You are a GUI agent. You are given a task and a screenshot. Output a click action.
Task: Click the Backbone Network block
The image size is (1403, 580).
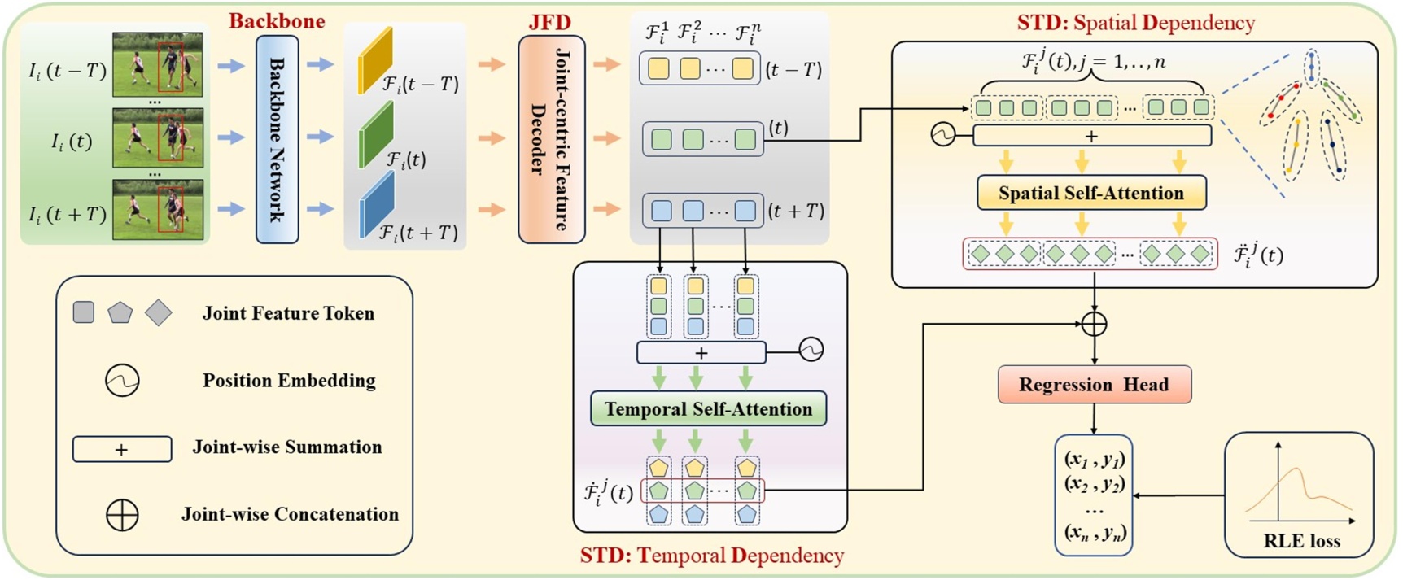pyautogui.click(x=277, y=139)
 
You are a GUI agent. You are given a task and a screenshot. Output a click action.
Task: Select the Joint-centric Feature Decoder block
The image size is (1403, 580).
pyautogui.click(x=551, y=139)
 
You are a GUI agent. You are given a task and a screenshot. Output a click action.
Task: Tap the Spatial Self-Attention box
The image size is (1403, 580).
pyautogui.click(x=1090, y=194)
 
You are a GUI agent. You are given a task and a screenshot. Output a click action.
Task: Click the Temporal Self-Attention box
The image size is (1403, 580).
pyautogui.click(x=708, y=409)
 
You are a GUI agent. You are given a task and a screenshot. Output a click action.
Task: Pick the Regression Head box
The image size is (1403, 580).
pyautogui.click(x=1094, y=385)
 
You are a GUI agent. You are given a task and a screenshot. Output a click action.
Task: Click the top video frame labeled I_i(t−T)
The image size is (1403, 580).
pyautogui.click(x=157, y=64)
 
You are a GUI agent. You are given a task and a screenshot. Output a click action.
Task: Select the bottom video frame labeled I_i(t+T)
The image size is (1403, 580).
pyautogui.click(x=157, y=210)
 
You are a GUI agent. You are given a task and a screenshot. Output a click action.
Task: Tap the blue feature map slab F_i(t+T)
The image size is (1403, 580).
pyautogui.click(x=376, y=206)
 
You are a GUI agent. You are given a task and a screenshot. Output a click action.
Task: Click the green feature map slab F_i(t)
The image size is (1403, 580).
pyautogui.click(x=376, y=134)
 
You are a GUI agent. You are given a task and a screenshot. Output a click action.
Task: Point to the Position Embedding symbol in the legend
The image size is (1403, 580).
pyautogui.click(x=122, y=380)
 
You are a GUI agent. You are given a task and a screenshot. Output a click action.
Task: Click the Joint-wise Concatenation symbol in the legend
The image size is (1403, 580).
pyautogui.click(x=122, y=514)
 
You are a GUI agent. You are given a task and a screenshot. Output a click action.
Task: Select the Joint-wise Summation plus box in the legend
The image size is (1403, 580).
pyautogui.click(x=122, y=449)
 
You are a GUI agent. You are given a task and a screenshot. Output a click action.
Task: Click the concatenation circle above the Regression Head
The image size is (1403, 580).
pyautogui.click(x=1094, y=324)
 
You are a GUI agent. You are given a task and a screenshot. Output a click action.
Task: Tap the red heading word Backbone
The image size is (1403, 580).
pyautogui.click(x=277, y=21)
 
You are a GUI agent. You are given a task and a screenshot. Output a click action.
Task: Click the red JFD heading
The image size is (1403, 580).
pyautogui.click(x=550, y=22)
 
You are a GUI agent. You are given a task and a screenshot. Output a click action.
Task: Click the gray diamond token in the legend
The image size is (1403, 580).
pyautogui.click(x=159, y=312)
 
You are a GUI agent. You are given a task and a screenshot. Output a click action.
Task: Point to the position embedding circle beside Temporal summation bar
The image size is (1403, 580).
pyautogui.click(x=811, y=350)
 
